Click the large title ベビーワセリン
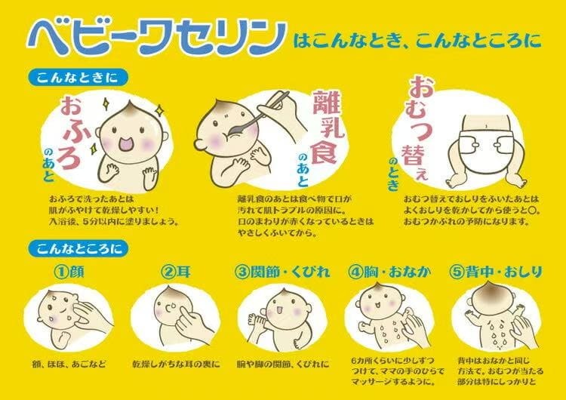(157, 38)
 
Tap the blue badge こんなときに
(78, 78)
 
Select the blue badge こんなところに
(78, 248)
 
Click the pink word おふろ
(71, 133)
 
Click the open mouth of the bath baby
(125, 143)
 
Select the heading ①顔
(69, 272)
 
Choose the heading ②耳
(176, 272)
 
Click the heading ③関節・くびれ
(282, 272)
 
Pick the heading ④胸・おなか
(390, 272)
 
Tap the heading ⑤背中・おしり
(496, 272)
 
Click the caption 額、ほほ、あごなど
(69, 364)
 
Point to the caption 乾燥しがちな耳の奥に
(176, 364)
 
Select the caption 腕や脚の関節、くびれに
(283, 364)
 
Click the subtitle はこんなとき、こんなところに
(417, 41)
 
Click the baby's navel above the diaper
(487, 125)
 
